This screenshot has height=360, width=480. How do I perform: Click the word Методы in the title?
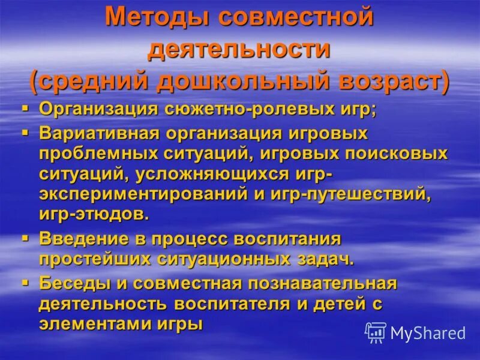pos(155,17)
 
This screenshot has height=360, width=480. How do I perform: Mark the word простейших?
pos(95,259)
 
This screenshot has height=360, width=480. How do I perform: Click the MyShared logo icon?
pos(376,332)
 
